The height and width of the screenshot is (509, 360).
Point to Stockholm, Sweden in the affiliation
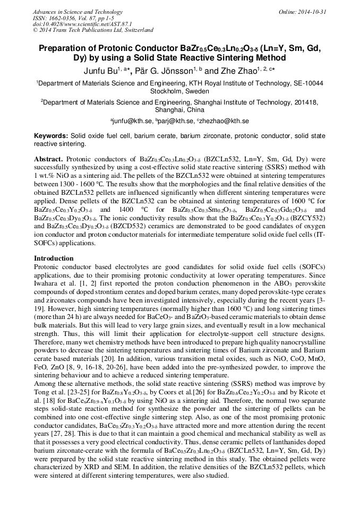pos(179,91)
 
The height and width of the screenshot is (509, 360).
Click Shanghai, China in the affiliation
pos(179,110)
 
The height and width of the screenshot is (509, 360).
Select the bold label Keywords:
pos(51,136)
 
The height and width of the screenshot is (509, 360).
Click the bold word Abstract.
pos(48,159)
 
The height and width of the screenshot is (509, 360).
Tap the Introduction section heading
pos(54,258)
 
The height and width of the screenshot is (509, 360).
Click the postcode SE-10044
pos(308,83)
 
